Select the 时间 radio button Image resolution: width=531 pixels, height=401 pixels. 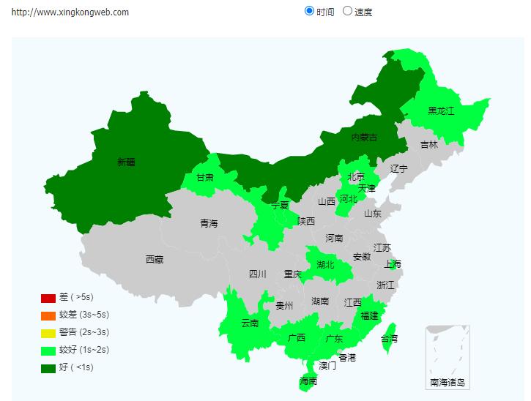(x=309, y=11)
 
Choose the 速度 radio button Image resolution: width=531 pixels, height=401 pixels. (x=347, y=11)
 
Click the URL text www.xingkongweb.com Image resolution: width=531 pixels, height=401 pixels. (x=70, y=12)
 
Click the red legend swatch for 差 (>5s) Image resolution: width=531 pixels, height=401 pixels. (x=48, y=298)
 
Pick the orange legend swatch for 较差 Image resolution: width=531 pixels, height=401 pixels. (x=48, y=315)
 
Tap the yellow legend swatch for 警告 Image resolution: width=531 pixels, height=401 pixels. (x=48, y=333)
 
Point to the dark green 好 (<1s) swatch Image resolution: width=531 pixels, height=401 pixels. (x=48, y=368)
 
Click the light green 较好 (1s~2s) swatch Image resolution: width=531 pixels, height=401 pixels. (x=48, y=351)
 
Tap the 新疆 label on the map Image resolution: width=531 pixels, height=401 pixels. (x=126, y=162)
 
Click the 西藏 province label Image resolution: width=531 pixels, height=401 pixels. (x=155, y=259)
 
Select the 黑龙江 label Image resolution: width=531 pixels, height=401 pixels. (x=441, y=111)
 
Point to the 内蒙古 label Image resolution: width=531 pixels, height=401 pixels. (x=364, y=138)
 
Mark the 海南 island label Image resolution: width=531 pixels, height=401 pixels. (x=308, y=381)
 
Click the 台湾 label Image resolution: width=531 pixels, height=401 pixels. (x=390, y=339)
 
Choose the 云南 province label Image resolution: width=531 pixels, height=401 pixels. (x=250, y=323)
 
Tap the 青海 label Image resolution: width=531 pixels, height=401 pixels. (x=209, y=223)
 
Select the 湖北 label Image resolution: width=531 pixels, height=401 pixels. (x=326, y=264)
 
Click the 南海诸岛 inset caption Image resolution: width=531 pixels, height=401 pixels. (x=448, y=382)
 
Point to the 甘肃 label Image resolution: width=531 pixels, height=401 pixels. (x=205, y=177)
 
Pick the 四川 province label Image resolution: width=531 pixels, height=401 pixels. (x=258, y=274)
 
